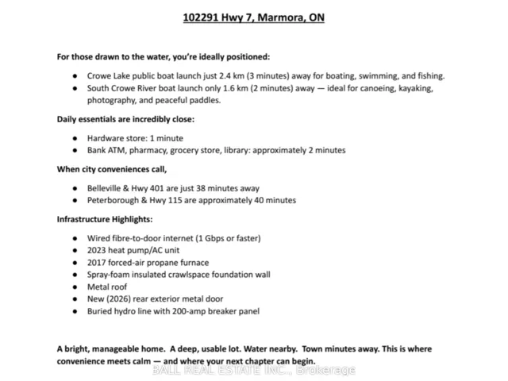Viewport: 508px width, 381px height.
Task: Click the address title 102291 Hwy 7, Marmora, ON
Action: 253,17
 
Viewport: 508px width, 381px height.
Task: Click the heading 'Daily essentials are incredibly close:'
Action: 125,119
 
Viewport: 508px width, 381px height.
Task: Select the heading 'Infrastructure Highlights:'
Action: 105,219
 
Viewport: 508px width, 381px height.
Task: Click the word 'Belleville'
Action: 107,188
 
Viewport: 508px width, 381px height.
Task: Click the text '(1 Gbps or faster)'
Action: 224,238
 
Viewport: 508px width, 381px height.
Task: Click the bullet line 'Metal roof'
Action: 107,287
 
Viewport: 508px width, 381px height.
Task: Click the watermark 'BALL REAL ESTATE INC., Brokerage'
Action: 254,370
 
